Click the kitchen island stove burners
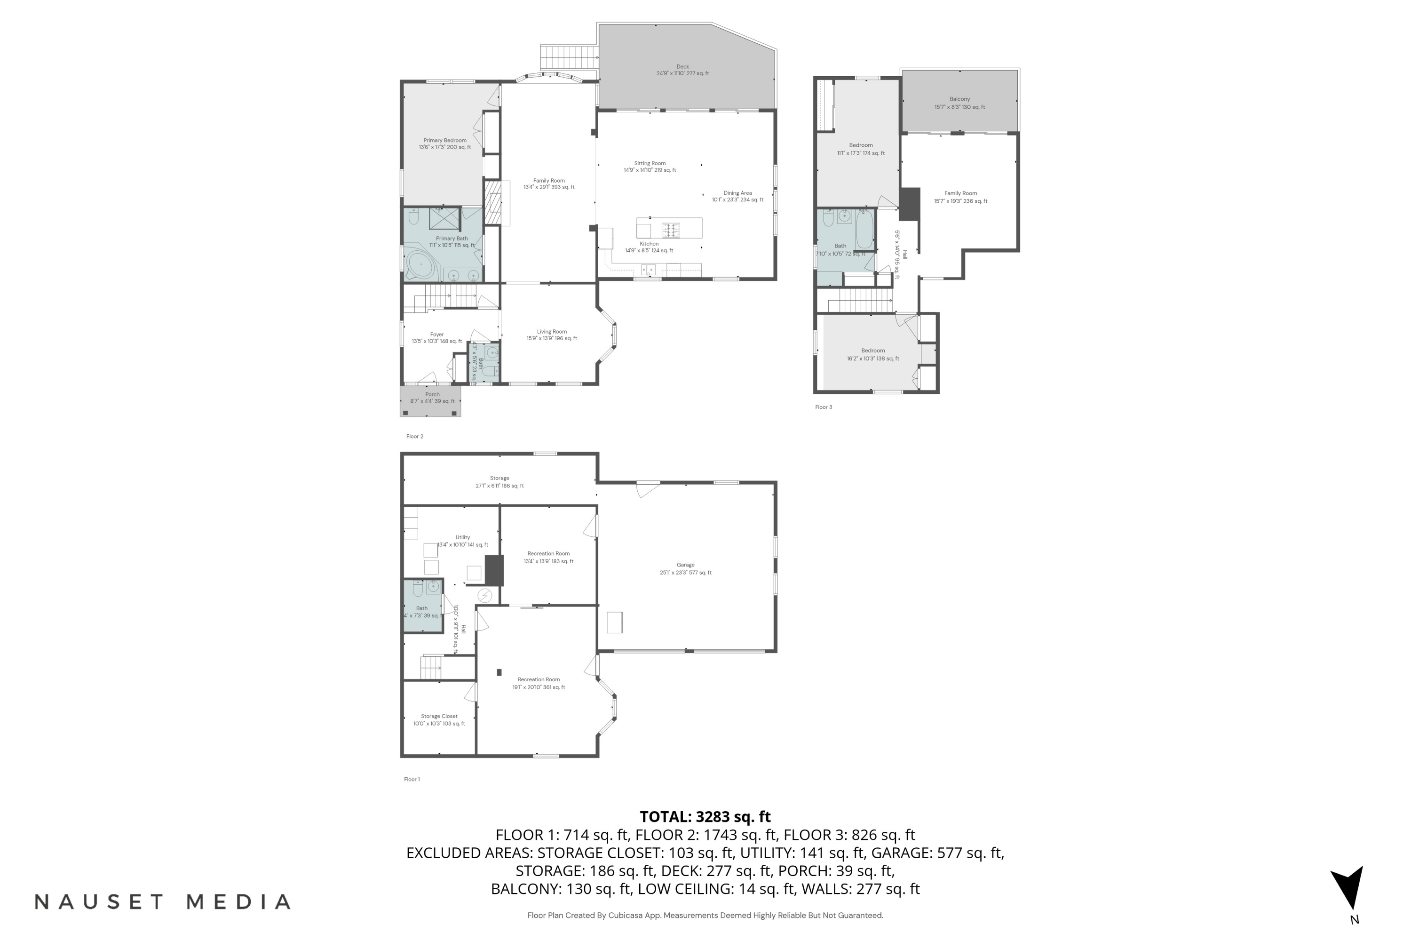pyautogui.click(x=671, y=229)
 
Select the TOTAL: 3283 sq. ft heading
pyautogui.click(x=705, y=817)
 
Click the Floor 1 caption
pyautogui.click(x=412, y=780)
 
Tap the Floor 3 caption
pyautogui.click(x=823, y=407)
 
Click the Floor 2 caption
pyautogui.click(x=414, y=436)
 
